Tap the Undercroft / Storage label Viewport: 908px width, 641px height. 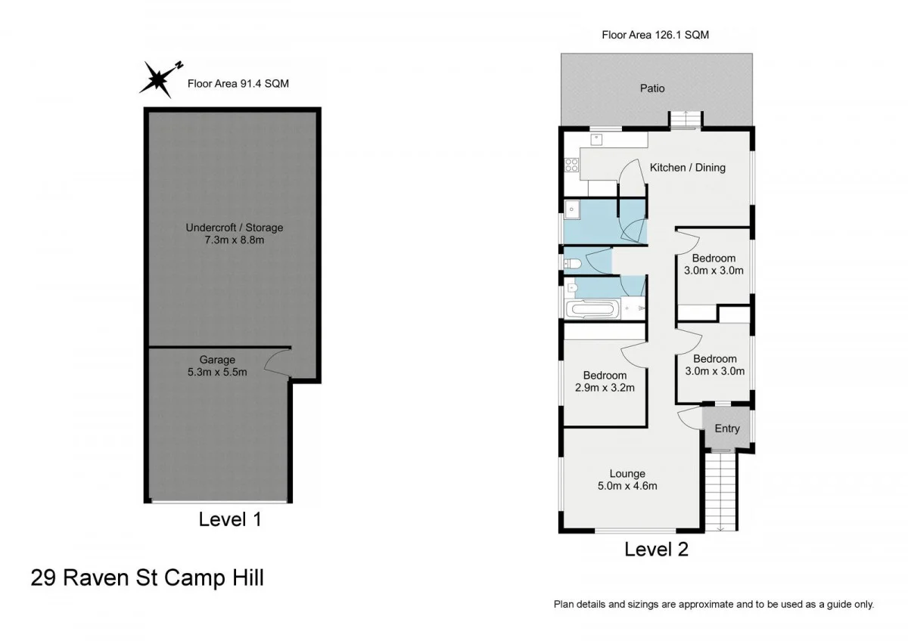pos(235,234)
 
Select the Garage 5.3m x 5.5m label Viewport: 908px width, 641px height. pos(217,366)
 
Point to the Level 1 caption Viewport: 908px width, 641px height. pos(230,519)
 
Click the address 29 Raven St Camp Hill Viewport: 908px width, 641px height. pos(148,578)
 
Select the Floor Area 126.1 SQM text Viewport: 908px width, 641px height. pos(655,34)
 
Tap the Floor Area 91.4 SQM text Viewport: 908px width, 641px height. pos(238,84)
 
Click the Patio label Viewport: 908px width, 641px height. pos(652,88)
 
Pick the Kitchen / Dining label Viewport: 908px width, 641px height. pos(687,167)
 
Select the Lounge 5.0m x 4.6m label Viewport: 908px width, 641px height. pos(627,480)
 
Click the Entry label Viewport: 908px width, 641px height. pos(726,429)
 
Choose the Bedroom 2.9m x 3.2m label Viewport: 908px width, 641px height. pos(605,382)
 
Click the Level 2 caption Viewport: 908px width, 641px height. pos(656,550)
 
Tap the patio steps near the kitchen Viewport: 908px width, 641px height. pos(685,119)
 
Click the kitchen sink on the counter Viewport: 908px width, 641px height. pos(597,138)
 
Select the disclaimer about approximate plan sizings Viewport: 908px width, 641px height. pos(714,604)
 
